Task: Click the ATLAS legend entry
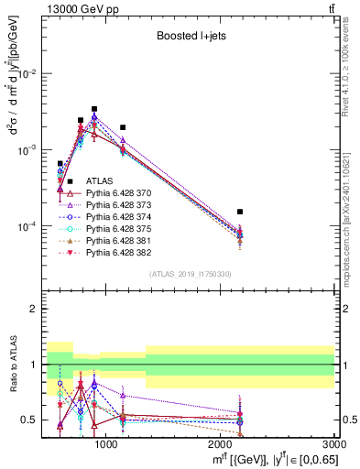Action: click(99, 181)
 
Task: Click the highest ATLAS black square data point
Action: click(94, 109)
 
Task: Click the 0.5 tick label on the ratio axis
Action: click(31, 420)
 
